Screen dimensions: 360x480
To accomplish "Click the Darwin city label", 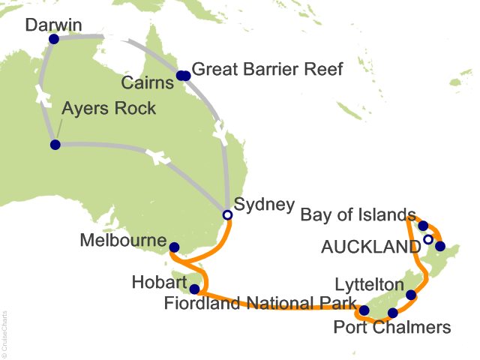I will (52, 25).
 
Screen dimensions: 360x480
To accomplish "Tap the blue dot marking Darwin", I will (52, 39).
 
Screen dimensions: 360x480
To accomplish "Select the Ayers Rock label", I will (109, 109).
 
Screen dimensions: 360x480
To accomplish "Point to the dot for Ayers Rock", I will (55, 145).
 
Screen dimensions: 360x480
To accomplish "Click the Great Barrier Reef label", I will (267, 70).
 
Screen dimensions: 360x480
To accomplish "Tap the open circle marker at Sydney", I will (227, 214).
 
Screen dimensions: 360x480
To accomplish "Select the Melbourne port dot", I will (175, 247).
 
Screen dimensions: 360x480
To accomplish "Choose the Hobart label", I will (160, 283).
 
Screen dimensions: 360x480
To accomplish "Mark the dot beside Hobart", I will (195, 289).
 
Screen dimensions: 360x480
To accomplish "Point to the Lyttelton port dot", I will (410, 295).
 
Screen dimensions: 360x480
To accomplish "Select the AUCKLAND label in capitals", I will (370, 247).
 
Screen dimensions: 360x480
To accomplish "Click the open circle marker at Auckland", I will (427, 240).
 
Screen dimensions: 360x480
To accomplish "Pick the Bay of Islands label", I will (357, 216).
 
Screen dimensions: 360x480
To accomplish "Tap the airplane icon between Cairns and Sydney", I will (220, 135).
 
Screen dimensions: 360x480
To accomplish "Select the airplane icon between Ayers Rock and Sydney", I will (155, 157).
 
